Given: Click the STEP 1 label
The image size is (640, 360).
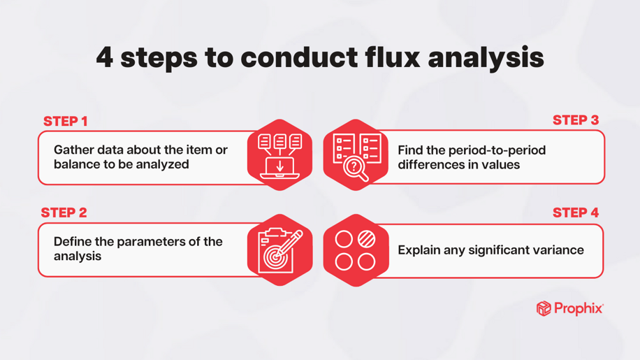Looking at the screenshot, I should tap(66, 122).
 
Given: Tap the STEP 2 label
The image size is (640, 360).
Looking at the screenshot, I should tap(64, 213).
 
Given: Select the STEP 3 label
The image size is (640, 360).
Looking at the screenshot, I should tap(576, 120).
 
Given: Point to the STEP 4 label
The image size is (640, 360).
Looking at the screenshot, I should tap(576, 213).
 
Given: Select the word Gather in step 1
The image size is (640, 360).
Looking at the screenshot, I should tap(73, 150).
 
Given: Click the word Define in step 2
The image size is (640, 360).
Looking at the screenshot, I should tap(73, 242).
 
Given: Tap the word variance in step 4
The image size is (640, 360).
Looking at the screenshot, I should tap(555, 250).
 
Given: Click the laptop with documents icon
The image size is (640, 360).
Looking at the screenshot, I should tap(279, 155).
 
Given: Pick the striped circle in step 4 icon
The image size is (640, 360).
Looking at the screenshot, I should tap(366, 240).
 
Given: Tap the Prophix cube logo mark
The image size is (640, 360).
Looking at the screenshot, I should tap(544, 308).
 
